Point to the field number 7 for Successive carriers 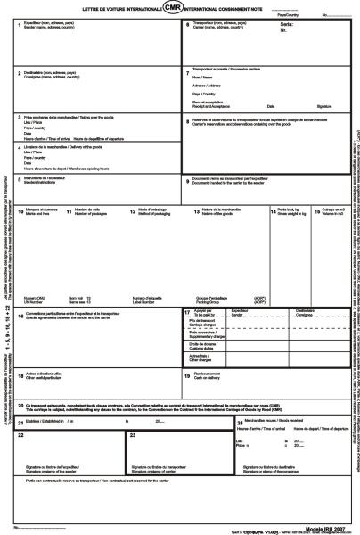pos(186,72)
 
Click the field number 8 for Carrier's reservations pos(185,118)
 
